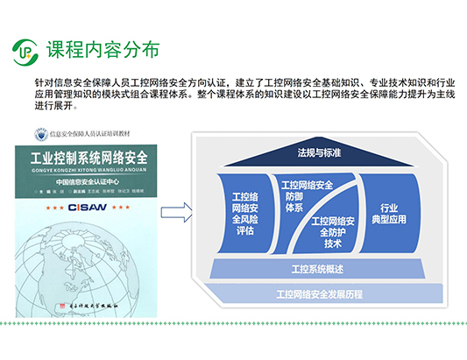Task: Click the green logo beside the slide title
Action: coord(27,53)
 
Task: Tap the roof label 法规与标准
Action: coord(319,152)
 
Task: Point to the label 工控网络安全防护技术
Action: coord(334,231)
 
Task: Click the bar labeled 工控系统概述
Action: coord(319,266)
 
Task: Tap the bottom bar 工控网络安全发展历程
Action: coord(319,292)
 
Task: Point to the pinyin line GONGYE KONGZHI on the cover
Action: coord(89,173)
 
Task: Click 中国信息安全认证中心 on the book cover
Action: coord(89,182)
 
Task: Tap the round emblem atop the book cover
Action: coord(38,135)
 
